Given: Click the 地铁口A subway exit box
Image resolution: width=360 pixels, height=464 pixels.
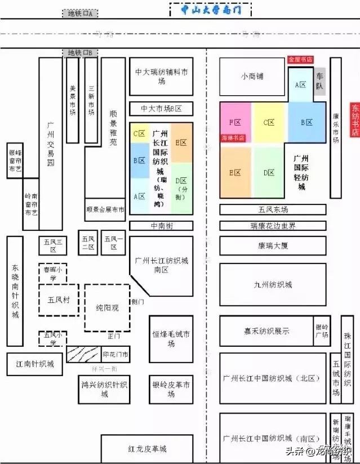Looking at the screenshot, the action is (x=79, y=13).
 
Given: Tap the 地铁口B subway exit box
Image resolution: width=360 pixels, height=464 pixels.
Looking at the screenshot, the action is (x=79, y=52).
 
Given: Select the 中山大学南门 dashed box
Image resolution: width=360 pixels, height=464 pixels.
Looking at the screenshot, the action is (x=210, y=10).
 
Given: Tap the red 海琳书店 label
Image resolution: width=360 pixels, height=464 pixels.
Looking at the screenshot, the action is (x=233, y=137).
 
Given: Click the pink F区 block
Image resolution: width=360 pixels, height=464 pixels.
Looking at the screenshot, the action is (x=235, y=122).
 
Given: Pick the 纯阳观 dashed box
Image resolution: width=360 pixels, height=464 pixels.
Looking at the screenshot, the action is (x=107, y=308).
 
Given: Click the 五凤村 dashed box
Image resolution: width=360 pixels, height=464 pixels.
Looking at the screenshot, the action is (x=59, y=300).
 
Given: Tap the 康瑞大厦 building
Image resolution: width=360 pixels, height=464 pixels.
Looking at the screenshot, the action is (x=273, y=246).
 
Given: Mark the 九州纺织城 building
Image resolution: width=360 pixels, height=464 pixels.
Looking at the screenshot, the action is (x=273, y=285).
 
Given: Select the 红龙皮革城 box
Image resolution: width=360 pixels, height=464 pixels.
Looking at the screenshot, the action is (x=148, y=449).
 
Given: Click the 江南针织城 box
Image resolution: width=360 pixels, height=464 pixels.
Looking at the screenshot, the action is (x=35, y=364).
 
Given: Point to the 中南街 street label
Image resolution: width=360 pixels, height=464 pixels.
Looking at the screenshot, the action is (x=161, y=226).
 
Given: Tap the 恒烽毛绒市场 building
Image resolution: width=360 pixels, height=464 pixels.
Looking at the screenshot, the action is (x=171, y=336).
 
